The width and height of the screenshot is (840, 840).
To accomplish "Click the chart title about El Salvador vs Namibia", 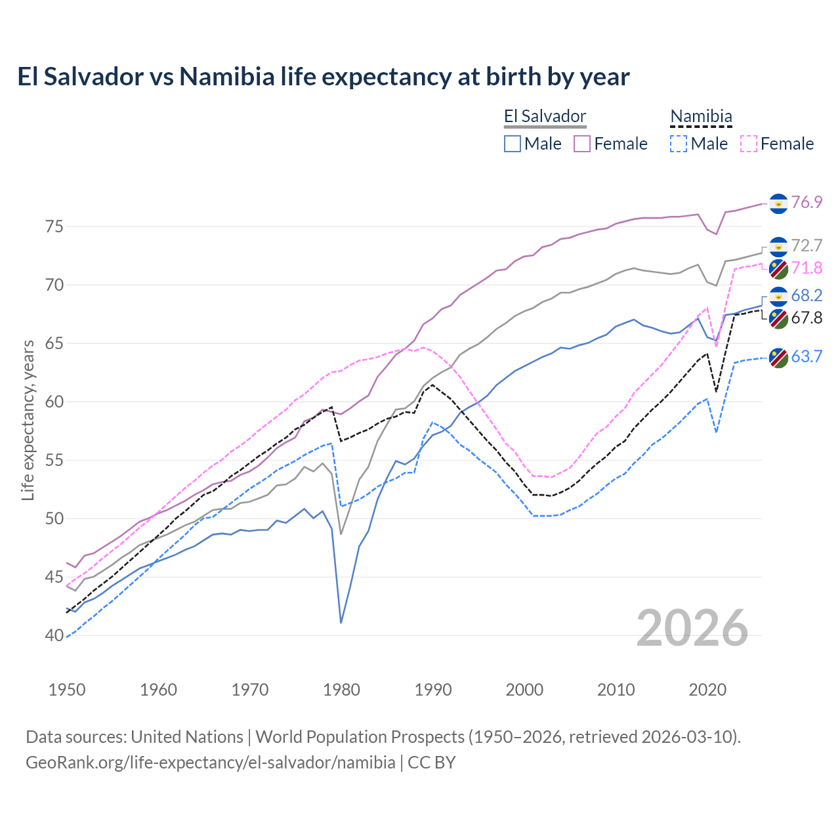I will tap(323, 77).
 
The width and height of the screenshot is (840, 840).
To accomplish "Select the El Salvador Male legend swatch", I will tap(513, 144).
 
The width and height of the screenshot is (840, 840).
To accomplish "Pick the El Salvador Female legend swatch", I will tap(582, 144).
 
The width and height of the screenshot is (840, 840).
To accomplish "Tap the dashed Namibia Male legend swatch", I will tap(679, 144).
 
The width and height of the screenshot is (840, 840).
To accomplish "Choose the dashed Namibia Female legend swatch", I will tap(749, 144).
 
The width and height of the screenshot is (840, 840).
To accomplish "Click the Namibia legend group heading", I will tap(701, 117).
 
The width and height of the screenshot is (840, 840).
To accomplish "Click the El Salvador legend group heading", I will tap(545, 117).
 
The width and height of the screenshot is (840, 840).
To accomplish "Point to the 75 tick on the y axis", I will tap(54, 227).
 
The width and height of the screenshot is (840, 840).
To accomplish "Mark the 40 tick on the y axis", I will tap(54, 636).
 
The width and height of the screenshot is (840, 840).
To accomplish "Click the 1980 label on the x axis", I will tap(341, 690).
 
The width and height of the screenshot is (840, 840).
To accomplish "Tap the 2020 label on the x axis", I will tap(707, 690).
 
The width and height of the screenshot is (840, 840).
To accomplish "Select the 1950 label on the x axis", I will tap(67, 690).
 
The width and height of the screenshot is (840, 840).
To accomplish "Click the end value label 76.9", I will tap(807, 203).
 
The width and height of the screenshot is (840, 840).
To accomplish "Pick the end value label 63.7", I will tap(807, 357).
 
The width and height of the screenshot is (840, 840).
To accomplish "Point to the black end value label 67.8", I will tap(807, 318).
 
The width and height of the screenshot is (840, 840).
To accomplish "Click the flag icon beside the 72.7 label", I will tap(778, 246).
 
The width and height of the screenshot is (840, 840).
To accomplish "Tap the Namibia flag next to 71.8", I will tap(778, 268).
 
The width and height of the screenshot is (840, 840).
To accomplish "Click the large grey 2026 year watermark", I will tap(692, 628).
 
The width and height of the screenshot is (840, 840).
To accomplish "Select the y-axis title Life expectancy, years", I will tap(28, 420).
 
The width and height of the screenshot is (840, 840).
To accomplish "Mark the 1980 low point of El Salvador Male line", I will tap(341, 623).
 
